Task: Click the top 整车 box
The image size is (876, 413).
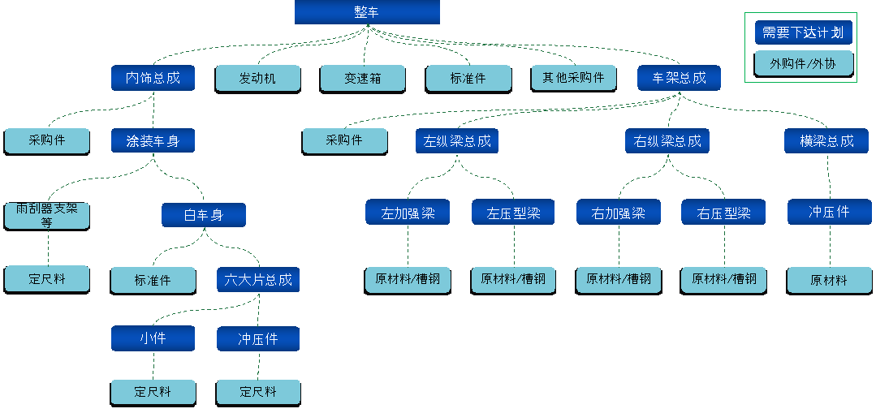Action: coord(367,12)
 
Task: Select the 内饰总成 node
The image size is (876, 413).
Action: coord(153,78)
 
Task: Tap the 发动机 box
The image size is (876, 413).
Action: coord(257,78)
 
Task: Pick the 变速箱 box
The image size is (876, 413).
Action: coord(363,78)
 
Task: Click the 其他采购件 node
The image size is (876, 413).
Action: coord(573,78)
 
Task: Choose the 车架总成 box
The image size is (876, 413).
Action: coord(679,78)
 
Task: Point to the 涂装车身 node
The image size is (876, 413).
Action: coord(153,141)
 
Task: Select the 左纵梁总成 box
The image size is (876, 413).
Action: coord(457,141)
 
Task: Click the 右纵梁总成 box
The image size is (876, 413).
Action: coord(667,141)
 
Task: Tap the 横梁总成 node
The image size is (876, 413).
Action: coord(826,141)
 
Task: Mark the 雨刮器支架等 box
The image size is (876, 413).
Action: coord(47,215)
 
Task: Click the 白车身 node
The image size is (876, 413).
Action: coord(203,215)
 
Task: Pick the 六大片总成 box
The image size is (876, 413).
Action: coord(258,280)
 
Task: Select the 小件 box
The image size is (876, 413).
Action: coord(153,338)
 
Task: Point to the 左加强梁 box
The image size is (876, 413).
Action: coord(408,213)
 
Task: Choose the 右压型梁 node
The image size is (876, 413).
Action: coord(723,213)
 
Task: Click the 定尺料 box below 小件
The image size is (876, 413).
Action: coord(153,392)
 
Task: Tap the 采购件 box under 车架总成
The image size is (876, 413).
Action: coord(344,140)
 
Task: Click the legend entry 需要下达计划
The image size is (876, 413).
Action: coord(803,33)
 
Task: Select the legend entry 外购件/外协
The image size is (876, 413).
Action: coord(803,63)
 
